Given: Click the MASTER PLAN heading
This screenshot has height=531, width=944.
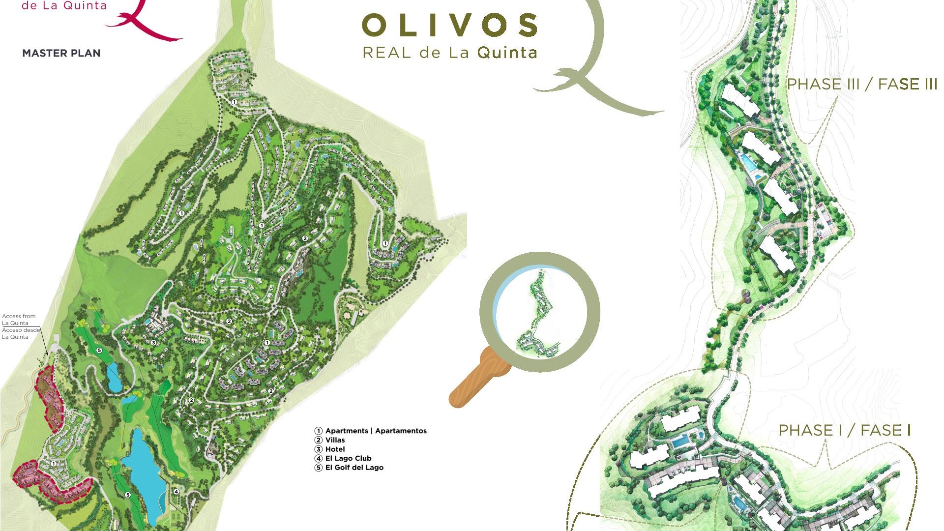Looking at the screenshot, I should click(61, 53).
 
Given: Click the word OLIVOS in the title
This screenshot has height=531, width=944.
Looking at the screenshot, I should click(449, 26).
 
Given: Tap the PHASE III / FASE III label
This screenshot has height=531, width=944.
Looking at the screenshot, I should click(862, 85).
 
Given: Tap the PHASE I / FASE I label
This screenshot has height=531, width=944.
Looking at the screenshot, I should click(845, 431).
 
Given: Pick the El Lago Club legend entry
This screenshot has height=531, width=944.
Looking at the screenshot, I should click(348, 458).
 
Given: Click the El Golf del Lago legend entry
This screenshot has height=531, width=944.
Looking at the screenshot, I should click(354, 468).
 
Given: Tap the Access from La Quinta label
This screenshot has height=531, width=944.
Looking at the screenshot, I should click(19, 320).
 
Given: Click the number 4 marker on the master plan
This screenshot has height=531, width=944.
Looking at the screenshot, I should click(176, 491).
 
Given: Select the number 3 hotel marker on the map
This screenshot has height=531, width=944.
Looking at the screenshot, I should click(153, 343).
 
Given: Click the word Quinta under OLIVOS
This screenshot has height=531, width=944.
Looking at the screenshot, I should click(507, 53).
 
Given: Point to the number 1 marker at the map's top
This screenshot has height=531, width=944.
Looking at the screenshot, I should click(235, 102).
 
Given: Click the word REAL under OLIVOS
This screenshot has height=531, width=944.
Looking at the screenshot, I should click(386, 53).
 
